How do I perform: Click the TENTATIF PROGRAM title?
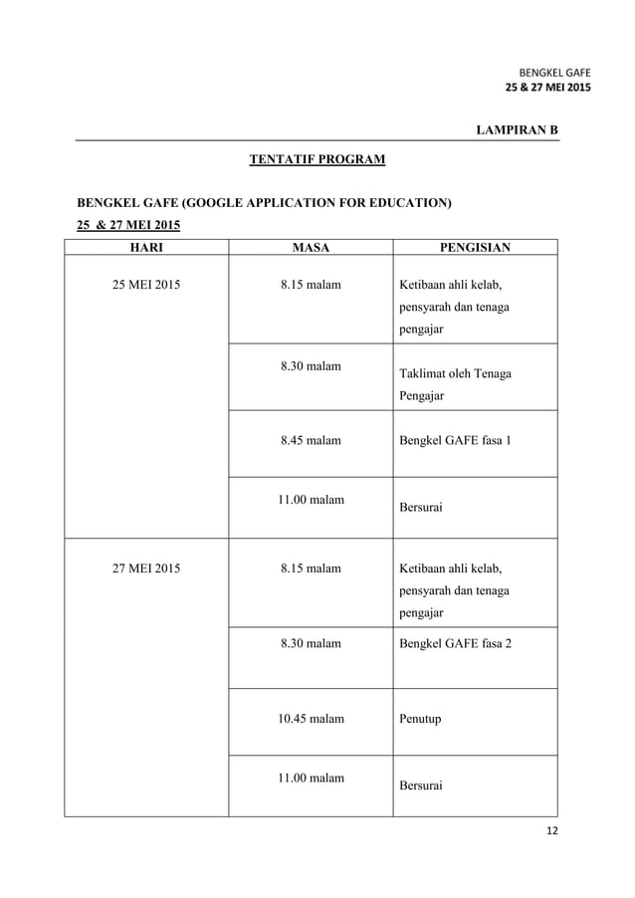pyautogui.click(x=317, y=159)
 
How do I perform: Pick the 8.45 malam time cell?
pyautogui.click(x=311, y=439)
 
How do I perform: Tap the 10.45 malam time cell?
pyautogui.click(x=311, y=718)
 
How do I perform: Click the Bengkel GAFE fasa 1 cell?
pyautogui.click(x=455, y=439)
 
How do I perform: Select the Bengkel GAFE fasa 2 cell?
pyautogui.click(x=455, y=643)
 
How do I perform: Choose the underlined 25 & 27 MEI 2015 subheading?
pyautogui.click(x=115, y=224)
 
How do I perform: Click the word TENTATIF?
pyautogui.click(x=283, y=159)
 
